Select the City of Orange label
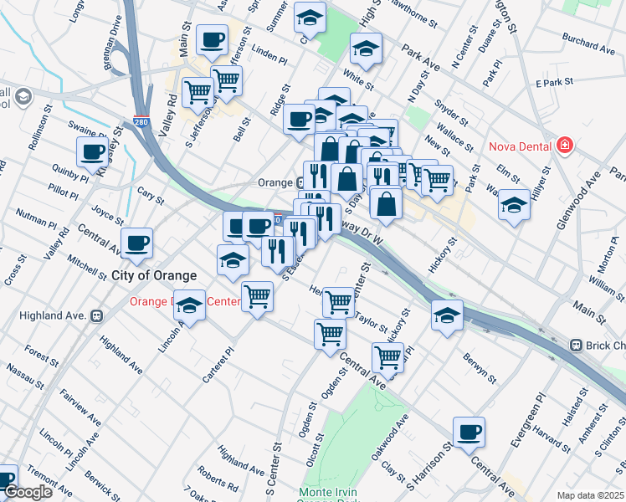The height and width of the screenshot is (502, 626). coord(154,275)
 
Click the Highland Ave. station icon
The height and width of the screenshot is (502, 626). coord(96,315)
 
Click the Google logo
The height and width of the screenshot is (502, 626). coord(28,492)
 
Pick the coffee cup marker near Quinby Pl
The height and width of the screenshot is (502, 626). coord(93,153)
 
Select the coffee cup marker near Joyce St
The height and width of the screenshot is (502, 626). coord(136,243)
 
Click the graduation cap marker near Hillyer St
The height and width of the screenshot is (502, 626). coord(514,204)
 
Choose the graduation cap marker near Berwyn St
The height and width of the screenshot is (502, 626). coord(448,316)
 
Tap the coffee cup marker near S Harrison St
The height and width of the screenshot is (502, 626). coord(469,432)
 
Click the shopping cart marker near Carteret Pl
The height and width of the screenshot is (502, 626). coord(257,295)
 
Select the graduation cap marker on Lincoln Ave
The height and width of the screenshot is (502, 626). coord(191,307)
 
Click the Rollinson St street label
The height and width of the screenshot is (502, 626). coord(38,132)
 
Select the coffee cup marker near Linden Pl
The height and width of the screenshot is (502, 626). coord(212,38)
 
